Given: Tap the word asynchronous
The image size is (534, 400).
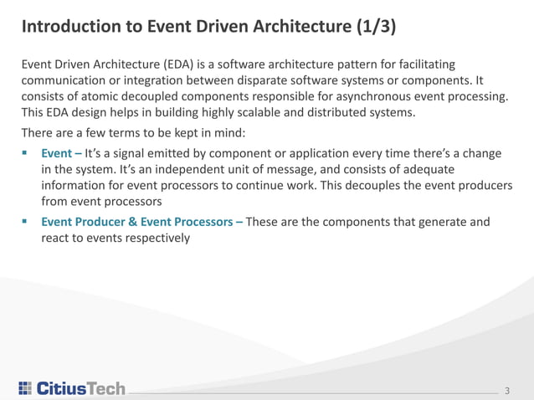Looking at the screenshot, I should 370,98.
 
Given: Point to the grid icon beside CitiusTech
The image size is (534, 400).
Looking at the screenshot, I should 25,388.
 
